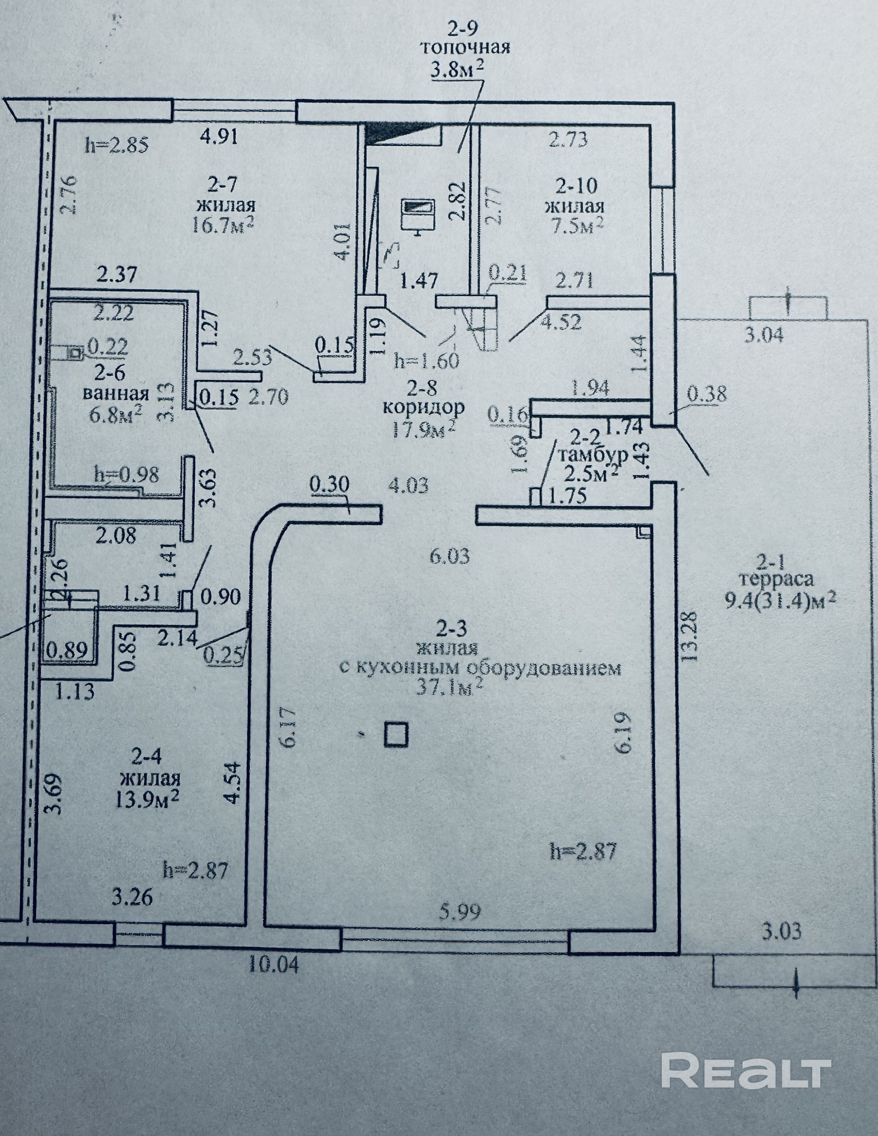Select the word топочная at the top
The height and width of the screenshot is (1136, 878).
[464, 48]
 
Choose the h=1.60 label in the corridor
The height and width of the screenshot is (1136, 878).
[427, 361]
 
